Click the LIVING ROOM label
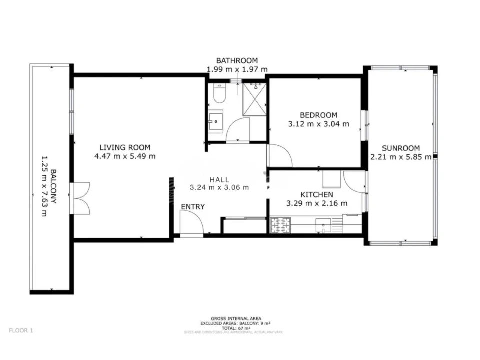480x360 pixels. coord(125,147)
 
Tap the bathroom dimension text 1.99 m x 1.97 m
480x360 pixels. coord(237,70)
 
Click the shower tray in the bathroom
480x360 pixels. coord(254,99)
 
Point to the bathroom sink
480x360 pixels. coord(216,121)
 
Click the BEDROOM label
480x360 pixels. coord(319,115)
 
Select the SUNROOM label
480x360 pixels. coord(401,148)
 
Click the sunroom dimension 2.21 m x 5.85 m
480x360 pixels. coord(401,157)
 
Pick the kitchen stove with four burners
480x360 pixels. coord(281,225)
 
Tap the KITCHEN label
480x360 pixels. coord(316,194)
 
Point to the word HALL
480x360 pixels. coord(219,179)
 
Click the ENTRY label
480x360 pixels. coord(193,206)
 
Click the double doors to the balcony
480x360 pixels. coord(80,198)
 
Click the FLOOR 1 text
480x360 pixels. coord(21,330)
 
